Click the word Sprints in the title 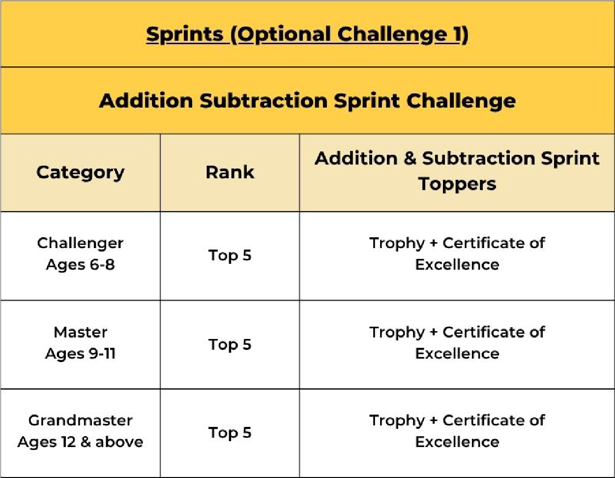pyautogui.click(x=184, y=35)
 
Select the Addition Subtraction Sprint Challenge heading pyautogui.click(x=307, y=101)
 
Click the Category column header pyautogui.click(x=80, y=173)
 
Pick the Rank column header pyautogui.click(x=230, y=172)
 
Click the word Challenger pyautogui.click(x=80, y=244)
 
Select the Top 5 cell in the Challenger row pyautogui.click(x=230, y=255)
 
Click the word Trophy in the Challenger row pyautogui.click(x=397, y=244)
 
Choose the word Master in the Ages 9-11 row pyautogui.click(x=80, y=332)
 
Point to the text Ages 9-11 pyautogui.click(x=80, y=354)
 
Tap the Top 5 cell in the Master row pyautogui.click(x=230, y=345)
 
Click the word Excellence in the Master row pyautogui.click(x=457, y=354)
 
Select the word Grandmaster pyautogui.click(x=80, y=421)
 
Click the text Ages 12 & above pyautogui.click(x=80, y=442)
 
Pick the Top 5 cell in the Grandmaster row pyautogui.click(x=230, y=433)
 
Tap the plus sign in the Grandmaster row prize pyautogui.click(x=434, y=421)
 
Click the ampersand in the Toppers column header pyautogui.click(x=410, y=158)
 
